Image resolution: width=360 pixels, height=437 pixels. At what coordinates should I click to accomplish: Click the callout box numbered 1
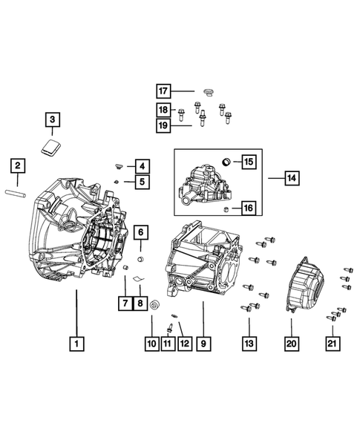76,344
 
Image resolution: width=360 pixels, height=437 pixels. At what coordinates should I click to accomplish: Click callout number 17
164,91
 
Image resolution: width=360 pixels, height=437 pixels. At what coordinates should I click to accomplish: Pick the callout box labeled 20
291,344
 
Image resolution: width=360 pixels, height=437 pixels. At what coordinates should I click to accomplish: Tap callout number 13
249,344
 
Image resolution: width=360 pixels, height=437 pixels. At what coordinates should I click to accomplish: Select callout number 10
151,344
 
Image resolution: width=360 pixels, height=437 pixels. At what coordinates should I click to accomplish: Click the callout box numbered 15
247,161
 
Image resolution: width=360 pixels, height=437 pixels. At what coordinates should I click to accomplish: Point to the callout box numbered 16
247,208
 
